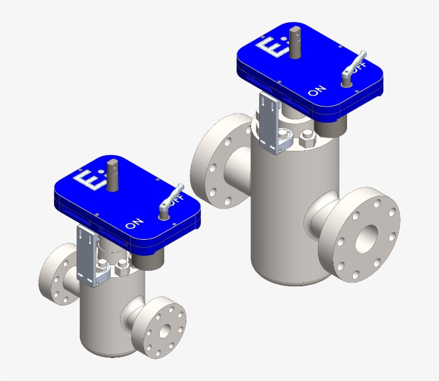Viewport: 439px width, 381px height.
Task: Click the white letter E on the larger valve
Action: [x=269, y=47]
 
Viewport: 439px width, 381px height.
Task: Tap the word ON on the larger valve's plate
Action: [x=316, y=90]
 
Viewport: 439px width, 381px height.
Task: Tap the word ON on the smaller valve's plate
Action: [x=134, y=223]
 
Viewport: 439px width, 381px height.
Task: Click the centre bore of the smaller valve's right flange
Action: [x=164, y=330]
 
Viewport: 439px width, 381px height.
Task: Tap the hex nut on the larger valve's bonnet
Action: [x=308, y=140]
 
